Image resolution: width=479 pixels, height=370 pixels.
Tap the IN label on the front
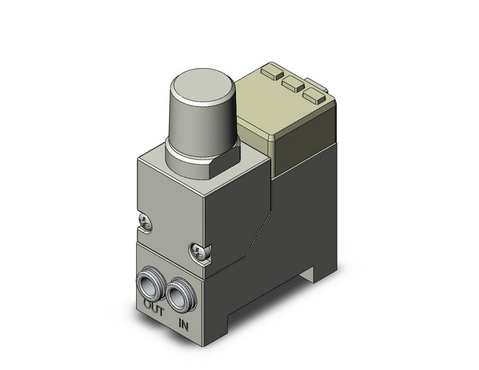pyautogui.click(x=184, y=325)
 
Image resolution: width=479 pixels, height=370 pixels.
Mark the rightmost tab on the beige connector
pyautogui.click(x=311, y=95)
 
